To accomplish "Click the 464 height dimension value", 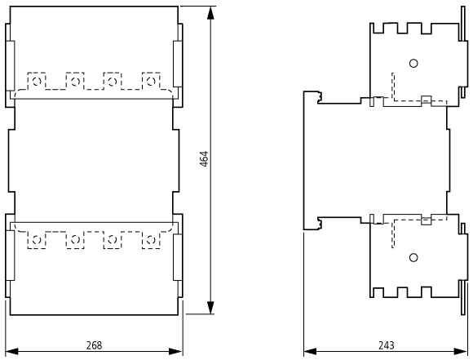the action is point(204,159).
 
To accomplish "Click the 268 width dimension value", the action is point(94,345).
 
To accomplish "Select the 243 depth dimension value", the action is point(386,345).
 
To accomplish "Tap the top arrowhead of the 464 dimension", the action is point(210,13).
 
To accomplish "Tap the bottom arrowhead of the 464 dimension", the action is point(210,308).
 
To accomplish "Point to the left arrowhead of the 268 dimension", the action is point(12,352).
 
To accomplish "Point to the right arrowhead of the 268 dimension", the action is point(175,352).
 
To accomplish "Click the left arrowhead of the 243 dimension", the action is point(310,352).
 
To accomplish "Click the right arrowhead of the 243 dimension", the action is point(460,352).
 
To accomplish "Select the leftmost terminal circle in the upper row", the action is point(37,82).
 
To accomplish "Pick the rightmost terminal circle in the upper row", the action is point(151,82).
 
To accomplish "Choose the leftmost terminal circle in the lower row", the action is point(37,240).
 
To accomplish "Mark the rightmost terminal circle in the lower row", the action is point(151,240).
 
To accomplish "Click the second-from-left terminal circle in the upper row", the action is point(75,82).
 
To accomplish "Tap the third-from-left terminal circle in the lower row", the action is point(113,240).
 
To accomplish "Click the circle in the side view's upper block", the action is point(413,64).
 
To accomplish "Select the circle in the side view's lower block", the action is point(413,258).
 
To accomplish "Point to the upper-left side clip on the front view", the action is point(10,65).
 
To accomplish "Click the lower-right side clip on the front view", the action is point(178,257).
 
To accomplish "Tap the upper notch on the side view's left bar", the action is point(320,97).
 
